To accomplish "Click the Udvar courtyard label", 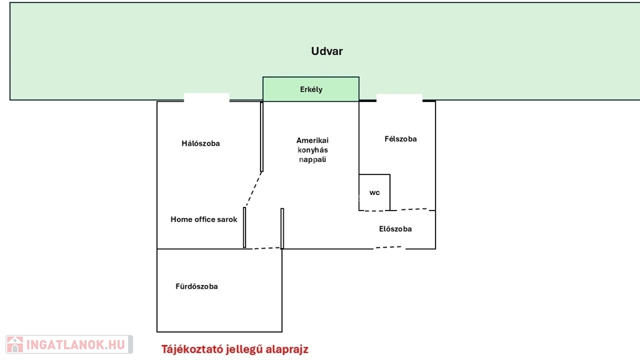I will [327, 51].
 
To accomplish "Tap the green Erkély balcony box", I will [311, 89].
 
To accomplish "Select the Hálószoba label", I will [201, 144].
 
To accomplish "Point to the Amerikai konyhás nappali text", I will [312, 150].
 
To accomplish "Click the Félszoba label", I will [401, 139].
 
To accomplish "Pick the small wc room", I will [374, 192].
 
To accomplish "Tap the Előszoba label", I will [396, 229].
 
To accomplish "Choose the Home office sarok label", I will [204, 219].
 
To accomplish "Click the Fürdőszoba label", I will [197, 286].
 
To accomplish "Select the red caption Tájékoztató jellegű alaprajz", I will [235, 349].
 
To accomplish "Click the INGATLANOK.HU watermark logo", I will [69, 344].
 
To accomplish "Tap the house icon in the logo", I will [15, 344].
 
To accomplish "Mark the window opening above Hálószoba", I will [207, 97].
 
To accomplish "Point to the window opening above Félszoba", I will [399, 97].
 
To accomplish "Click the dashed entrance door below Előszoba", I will [389, 247].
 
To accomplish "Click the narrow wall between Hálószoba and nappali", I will [262, 136].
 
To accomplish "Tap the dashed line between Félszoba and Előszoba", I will [410, 209].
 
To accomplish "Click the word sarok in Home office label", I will [227, 219].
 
